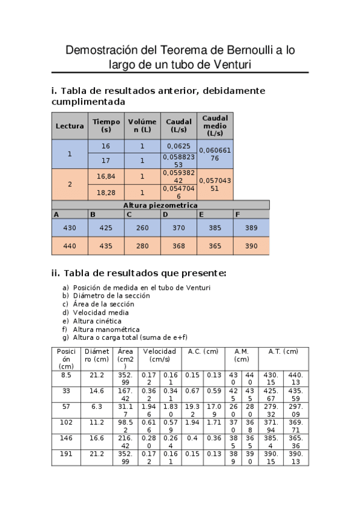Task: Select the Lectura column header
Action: (x=70, y=126)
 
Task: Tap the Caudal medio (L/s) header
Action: (x=215, y=126)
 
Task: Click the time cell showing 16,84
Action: (x=106, y=176)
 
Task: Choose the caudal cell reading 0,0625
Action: (x=178, y=146)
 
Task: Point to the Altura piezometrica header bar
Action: (x=160, y=205)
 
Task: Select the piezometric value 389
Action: (x=251, y=229)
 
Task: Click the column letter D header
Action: (x=165, y=214)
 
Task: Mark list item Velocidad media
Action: (x=100, y=312)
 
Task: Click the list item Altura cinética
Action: (x=97, y=321)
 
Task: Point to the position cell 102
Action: (x=66, y=422)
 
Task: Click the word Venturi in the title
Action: (x=228, y=64)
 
